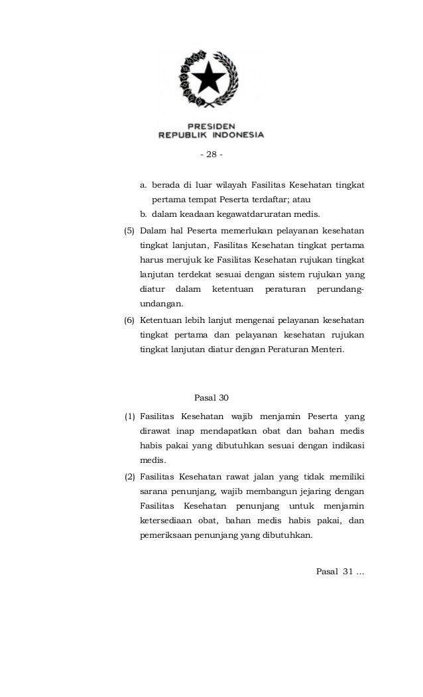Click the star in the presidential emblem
[x=211, y=80]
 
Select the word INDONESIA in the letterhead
[x=237, y=134]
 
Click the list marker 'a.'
[x=143, y=184]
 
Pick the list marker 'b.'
[x=143, y=214]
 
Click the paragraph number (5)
[x=131, y=231]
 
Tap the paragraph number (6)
[x=131, y=320]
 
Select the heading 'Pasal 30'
[x=211, y=398]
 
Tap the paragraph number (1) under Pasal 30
[x=131, y=416]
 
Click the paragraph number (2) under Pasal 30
[x=131, y=476]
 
